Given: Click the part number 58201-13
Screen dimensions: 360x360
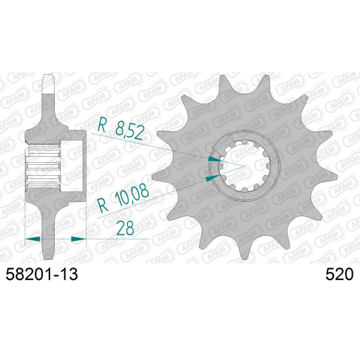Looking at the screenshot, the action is pyautogui.click(x=42, y=274).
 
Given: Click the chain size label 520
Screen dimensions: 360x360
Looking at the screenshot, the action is pyautogui.click(x=339, y=274).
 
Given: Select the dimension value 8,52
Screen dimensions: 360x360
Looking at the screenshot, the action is pyautogui.click(x=130, y=132).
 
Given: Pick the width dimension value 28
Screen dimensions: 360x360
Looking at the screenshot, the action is pyautogui.click(x=125, y=228).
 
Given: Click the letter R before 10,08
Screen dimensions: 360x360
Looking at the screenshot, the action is pyautogui.click(x=102, y=206).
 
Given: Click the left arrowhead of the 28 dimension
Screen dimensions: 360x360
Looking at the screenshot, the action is pyautogui.click(x=33, y=239).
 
